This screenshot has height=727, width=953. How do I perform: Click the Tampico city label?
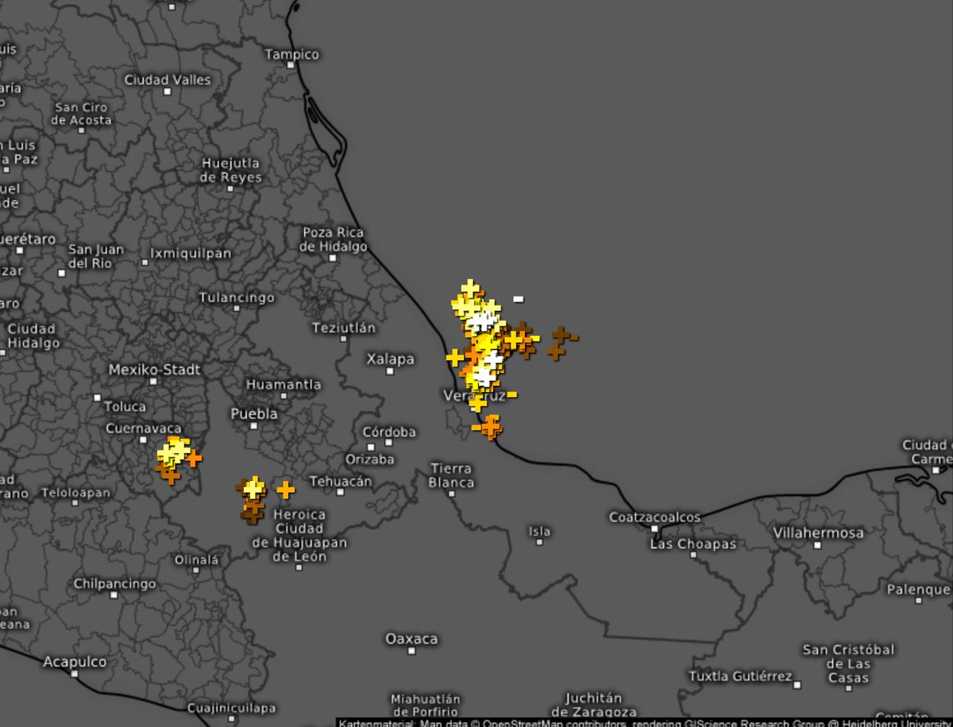coord(291,54)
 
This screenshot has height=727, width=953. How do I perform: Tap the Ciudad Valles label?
coord(168,79)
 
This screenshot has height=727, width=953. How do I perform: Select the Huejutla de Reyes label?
coord(230,170)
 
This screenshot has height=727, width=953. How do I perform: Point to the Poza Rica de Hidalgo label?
coord(333,239)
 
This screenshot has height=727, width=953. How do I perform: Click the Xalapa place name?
coord(390,359)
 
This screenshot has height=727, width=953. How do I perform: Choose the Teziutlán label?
coord(344,327)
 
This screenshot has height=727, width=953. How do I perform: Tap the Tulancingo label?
coord(237,298)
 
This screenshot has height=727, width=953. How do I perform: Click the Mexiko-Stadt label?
coord(154,369)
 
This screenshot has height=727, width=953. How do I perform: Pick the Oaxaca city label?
coord(411,638)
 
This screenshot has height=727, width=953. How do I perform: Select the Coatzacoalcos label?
coord(654,517)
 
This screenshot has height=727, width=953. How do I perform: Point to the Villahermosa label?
coord(818,533)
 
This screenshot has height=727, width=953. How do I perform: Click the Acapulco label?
coord(75,661)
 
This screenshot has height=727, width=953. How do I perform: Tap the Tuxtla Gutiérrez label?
coord(739,676)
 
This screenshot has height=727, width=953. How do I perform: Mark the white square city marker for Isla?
coord(539,542)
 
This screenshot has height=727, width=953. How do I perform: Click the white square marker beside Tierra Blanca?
coord(451,493)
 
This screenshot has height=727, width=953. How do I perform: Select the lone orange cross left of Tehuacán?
coord(286,490)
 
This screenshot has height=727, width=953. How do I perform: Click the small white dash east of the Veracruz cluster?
coord(518,299)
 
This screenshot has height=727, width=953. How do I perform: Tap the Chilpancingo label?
coord(114,583)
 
